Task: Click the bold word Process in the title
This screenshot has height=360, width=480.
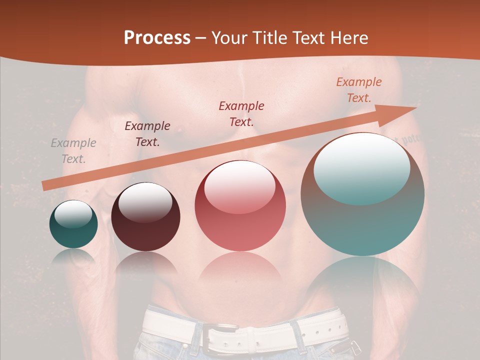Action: [157, 38]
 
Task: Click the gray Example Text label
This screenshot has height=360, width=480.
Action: [73, 151]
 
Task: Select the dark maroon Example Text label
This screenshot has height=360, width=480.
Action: [147, 134]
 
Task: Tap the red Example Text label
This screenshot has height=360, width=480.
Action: [241, 113]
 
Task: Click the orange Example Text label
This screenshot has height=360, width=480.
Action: [359, 90]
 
